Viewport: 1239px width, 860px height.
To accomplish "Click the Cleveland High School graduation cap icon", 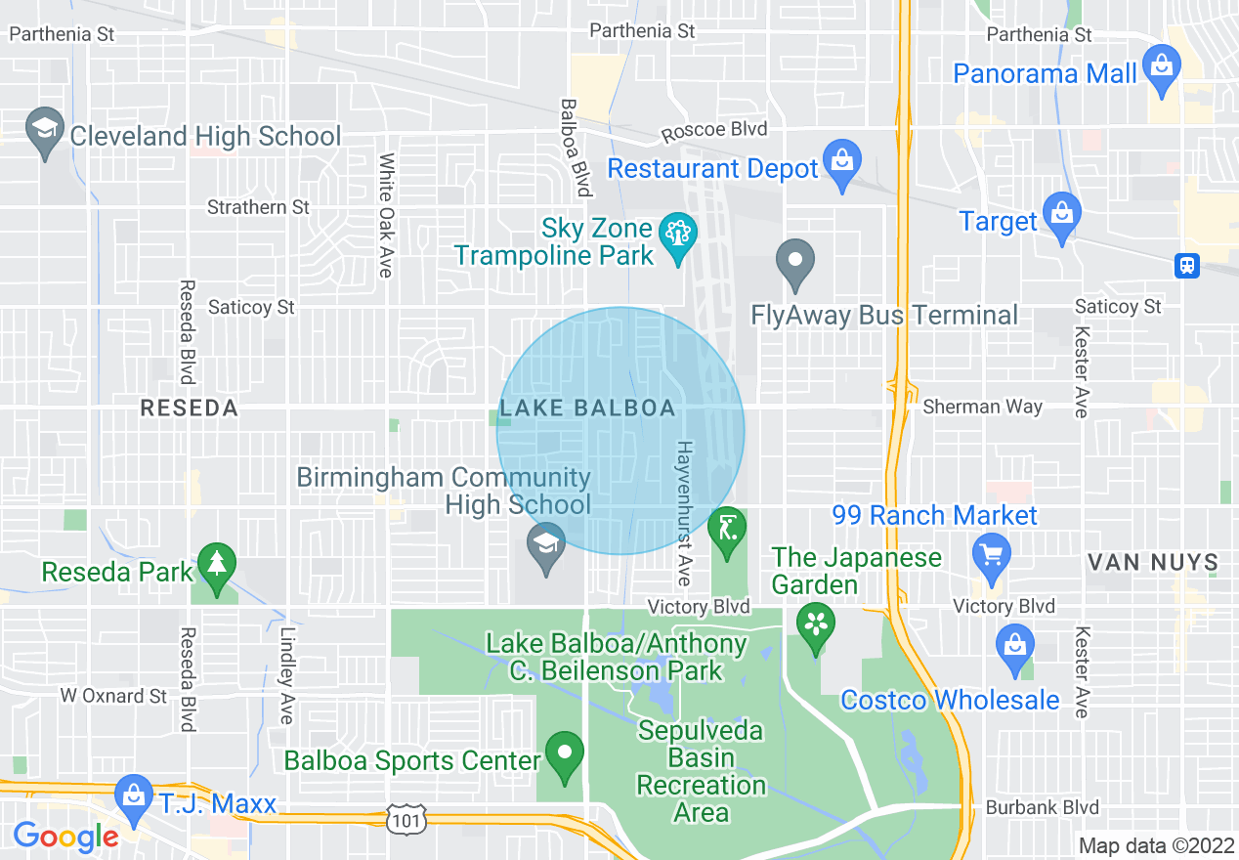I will pos(46,132).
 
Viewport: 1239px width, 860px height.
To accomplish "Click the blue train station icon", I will pos(1187,265).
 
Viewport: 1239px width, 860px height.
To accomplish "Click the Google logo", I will pos(65,837).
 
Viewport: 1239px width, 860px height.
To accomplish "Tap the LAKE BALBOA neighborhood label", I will pos(587,408).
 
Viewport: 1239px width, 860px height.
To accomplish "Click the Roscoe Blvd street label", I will pos(714,129).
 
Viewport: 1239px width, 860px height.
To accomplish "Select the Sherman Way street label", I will pos(982,407).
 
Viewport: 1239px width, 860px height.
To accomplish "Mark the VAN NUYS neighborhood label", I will pos(1153,562).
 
